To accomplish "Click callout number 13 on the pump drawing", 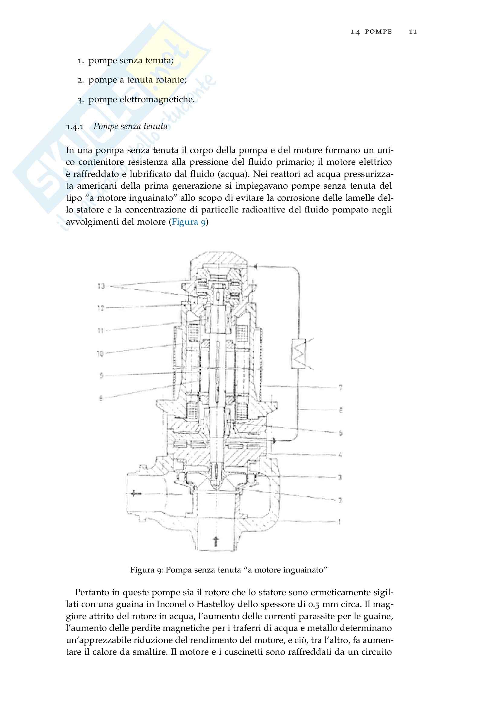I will click(x=101, y=286).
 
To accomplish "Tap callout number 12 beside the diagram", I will click(x=101, y=308).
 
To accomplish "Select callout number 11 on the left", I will click(x=101, y=331).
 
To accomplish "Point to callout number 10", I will click(x=100, y=354).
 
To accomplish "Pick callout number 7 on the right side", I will click(x=340, y=388).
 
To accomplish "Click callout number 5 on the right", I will click(x=340, y=433).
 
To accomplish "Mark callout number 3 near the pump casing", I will click(x=340, y=477).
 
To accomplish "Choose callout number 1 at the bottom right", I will click(x=339, y=522).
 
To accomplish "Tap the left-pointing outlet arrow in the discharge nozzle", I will click(x=135, y=494).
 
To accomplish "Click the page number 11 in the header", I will click(x=413, y=31).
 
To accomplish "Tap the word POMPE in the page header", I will click(x=378, y=31).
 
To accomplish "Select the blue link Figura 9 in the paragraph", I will click(x=188, y=222).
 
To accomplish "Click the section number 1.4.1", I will click(x=75, y=127).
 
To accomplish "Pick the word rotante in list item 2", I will click(x=171, y=80).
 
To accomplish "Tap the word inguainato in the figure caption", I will click(x=305, y=570).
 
